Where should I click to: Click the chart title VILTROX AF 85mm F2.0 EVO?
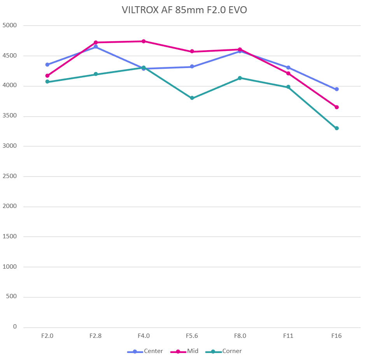tap(184, 10)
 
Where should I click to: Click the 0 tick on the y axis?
tap(15, 327)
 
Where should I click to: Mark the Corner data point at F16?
tap(336, 128)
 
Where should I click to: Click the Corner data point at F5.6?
tap(192, 98)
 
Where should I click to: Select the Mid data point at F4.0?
tap(144, 41)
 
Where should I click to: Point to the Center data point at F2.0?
tap(47, 65)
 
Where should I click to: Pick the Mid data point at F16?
tap(336, 107)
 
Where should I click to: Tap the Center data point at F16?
tap(336, 89)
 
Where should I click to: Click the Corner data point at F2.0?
tap(47, 82)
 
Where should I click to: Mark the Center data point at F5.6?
tap(192, 66)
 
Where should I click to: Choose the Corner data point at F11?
tap(288, 87)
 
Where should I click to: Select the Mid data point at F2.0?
tap(47, 76)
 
